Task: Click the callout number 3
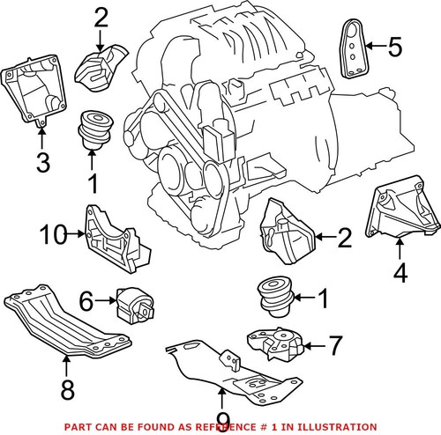(x=41, y=162)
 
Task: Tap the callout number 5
(x=394, y=45)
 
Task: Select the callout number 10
(x=52, y=234)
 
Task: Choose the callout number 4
(x=400, y=274)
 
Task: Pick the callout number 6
(x=86, y=300)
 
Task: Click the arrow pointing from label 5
(x=376, y=45)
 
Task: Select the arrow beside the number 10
(x=77, y=234)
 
